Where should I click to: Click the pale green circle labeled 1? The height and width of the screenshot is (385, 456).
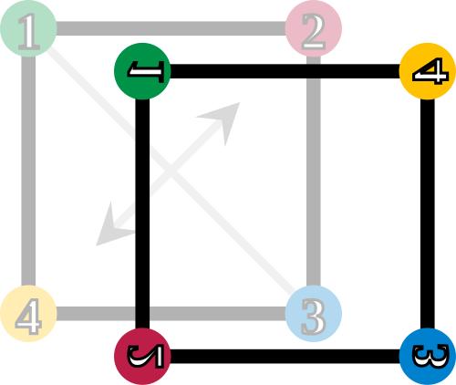(28, 28)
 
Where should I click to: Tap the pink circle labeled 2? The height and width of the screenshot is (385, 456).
(314, 28)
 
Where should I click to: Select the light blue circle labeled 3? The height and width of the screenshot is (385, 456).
(314, 314)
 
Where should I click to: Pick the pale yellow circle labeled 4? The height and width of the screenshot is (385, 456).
(28, 314)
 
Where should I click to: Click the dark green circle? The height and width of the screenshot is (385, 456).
(142, 71)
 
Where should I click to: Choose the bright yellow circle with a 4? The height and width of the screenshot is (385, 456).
(428, 71)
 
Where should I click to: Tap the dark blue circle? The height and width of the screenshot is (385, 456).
(428, 357)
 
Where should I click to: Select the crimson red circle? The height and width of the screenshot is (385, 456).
(142, 357)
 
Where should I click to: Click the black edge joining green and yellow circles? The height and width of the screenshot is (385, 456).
(285, 71)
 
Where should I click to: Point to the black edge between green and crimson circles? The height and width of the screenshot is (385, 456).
(142, 213)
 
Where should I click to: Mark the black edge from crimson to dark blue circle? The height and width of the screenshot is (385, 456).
(285, 357)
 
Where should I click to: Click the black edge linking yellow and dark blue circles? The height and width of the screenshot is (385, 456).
(428, 213)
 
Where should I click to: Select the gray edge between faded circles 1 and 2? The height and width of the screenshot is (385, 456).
(171, 28)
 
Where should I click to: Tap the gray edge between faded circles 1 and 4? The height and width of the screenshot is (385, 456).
(28, 171)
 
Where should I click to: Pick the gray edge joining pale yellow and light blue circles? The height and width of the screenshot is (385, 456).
(171, 314)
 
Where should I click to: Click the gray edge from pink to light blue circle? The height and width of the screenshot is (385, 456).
(314, 171)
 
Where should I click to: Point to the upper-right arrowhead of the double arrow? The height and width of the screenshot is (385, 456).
(224, 118)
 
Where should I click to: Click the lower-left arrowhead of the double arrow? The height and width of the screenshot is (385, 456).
(111, 231)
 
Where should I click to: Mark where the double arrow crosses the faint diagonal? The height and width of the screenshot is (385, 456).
(171, 172)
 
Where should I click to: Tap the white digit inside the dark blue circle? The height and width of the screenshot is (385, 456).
(430, 357)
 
